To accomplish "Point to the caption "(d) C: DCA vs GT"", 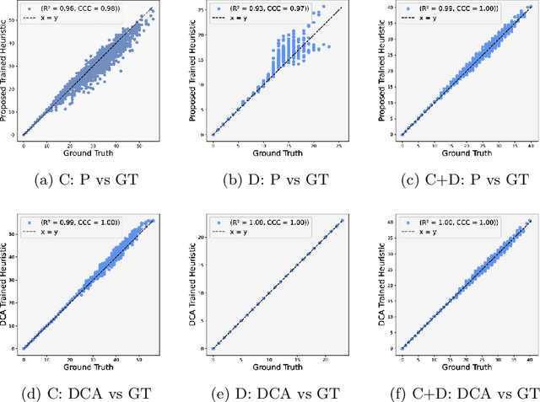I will click(86, 392).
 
